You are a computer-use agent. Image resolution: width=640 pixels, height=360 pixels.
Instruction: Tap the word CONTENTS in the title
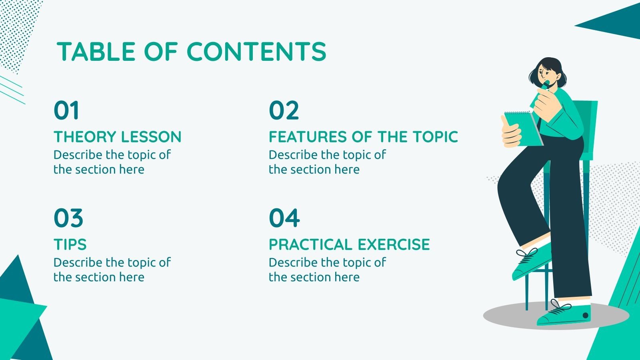tap(256, 52)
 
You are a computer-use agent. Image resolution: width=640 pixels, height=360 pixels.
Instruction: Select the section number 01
tap(66, 110)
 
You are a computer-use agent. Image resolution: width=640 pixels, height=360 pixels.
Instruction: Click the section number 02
tap(284, 110)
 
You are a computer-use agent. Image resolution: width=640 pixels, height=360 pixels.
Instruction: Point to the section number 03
tap(68, 218)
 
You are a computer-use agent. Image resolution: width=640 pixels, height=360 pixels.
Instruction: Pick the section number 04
tap(284, 218)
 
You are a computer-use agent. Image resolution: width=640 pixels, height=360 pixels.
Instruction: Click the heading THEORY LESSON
tap(118, 137)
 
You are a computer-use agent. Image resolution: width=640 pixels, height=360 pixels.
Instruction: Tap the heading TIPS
tap(70, 244)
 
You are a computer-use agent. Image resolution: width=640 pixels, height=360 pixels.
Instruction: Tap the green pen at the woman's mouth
tap(546, 84)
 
